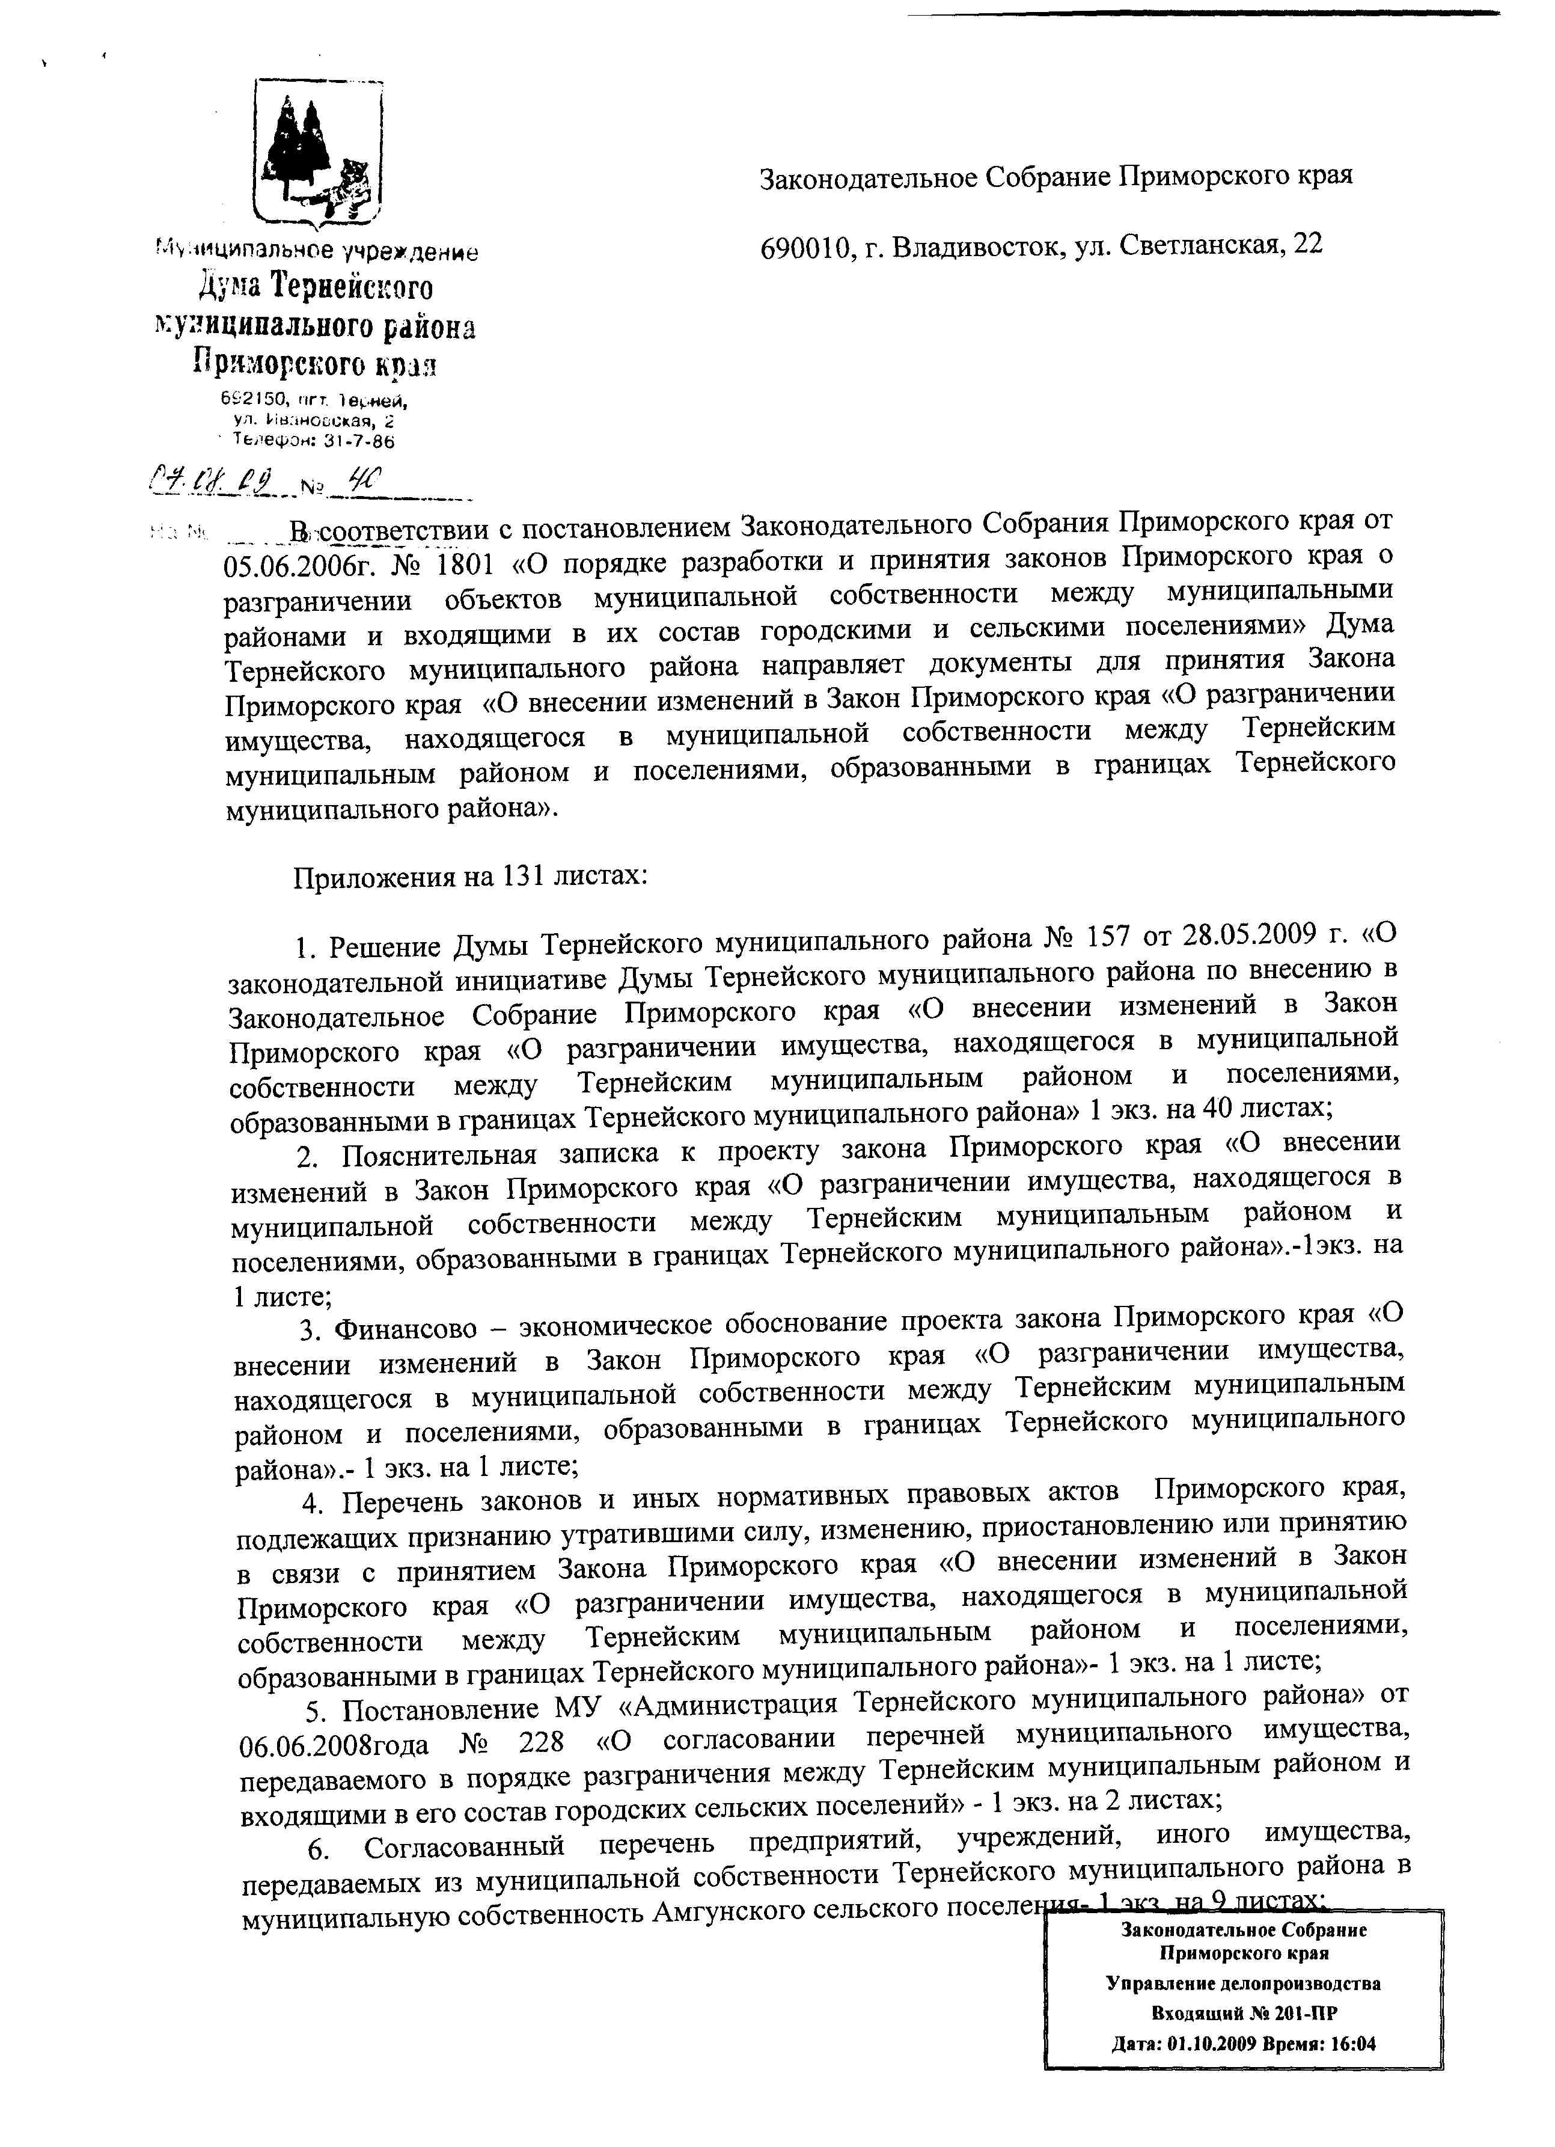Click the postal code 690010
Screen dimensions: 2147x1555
tap(804, 246)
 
